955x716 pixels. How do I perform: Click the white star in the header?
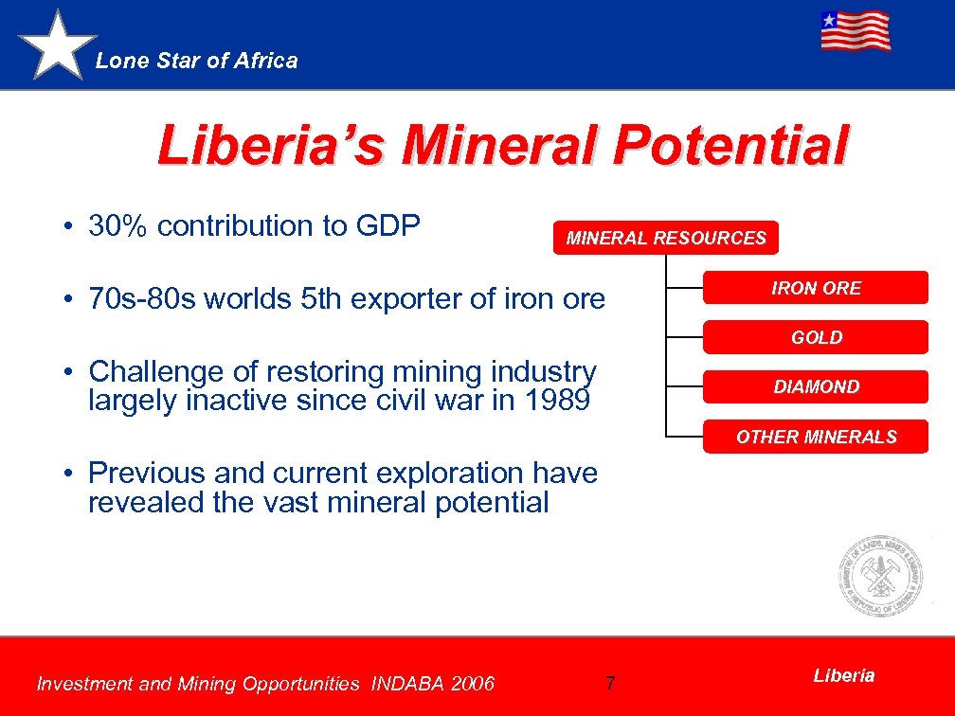tap(58, 45)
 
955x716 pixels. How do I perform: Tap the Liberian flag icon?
tap(855, 30)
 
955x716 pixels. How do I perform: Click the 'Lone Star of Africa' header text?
tap(197, 61)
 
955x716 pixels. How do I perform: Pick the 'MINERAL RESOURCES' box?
tap(665, 239)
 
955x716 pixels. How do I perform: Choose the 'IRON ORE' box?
tap(816, 288)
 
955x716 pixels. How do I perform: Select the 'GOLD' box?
tap(816, 337)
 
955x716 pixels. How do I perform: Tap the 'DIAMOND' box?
tap(816, 386)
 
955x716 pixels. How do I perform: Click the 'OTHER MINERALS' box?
tap(816, 437)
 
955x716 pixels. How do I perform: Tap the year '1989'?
tap(556, 401)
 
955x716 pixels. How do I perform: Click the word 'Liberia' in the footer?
tap(843, 675)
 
